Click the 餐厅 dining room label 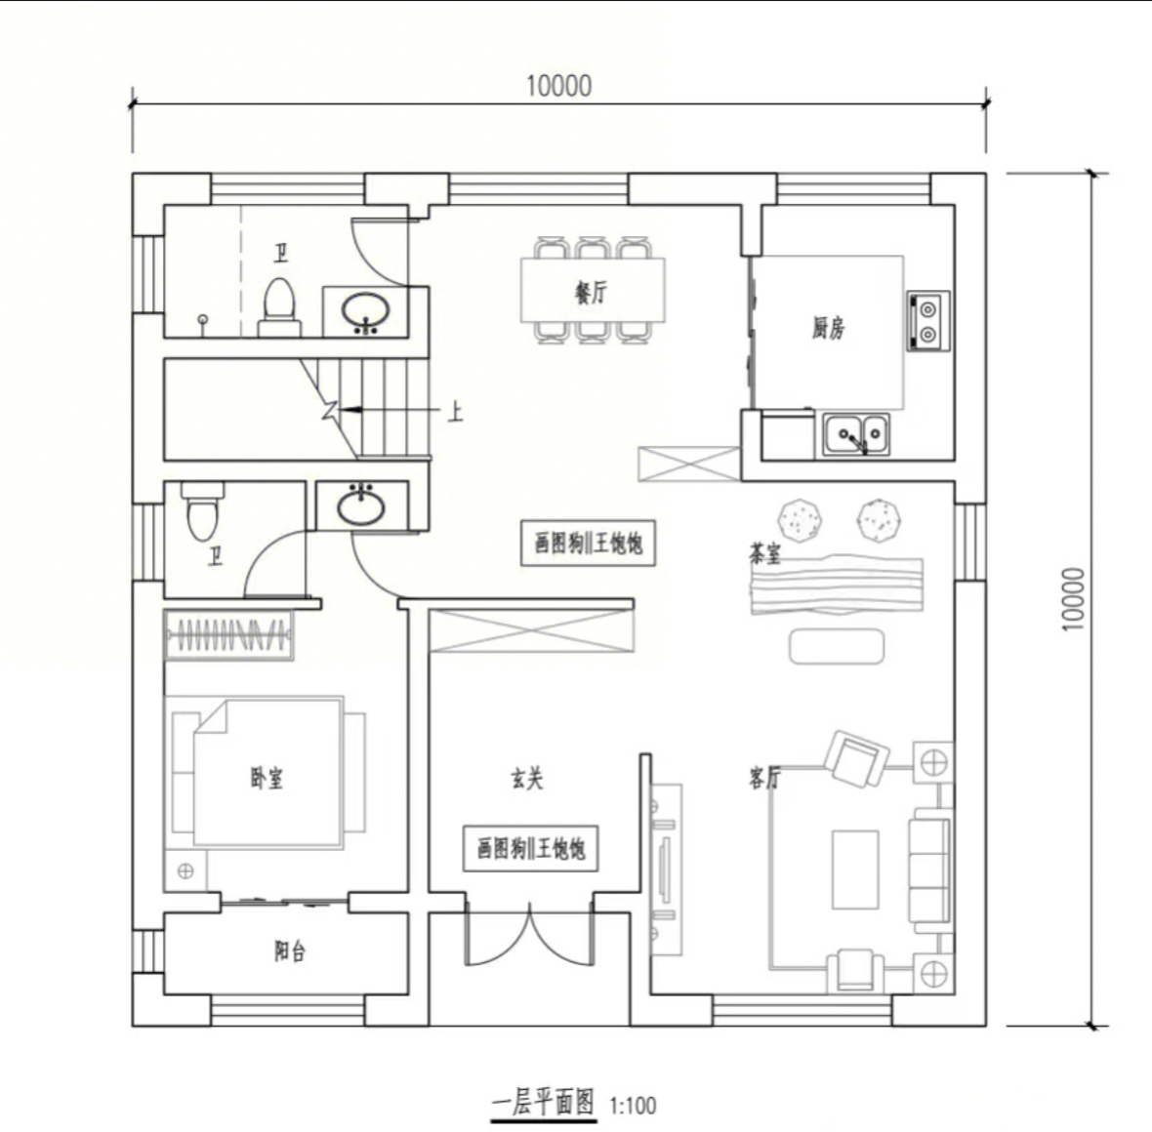592,293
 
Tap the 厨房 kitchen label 828,328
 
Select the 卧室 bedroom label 267,778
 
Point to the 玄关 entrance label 527,779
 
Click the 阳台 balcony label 290,952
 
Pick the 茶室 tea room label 764,553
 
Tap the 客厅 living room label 764,777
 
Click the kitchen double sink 855,434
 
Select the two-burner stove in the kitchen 927,321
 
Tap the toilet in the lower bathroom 202,510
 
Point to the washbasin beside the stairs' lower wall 361,505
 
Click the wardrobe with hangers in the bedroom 228,634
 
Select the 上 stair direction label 456,412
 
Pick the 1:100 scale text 633,1106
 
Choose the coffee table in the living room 855,869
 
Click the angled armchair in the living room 856,758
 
